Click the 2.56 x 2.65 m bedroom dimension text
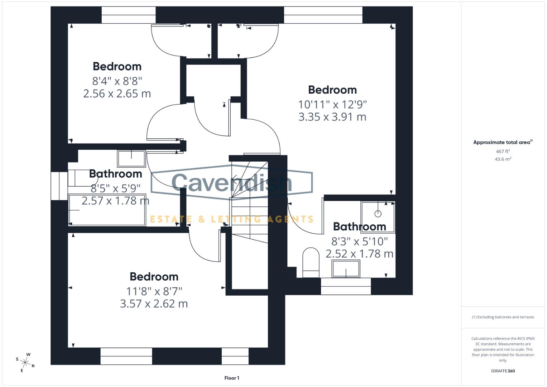click(x=117, y=94)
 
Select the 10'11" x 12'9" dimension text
click(x=332, y=105)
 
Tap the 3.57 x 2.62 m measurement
click(x=154, y=304)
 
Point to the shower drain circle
click(x=378, y=214)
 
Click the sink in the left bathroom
click(x=131, y=159)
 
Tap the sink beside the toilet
click(x=346, y=269)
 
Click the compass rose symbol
click(x=25, y=362)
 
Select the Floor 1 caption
click(x=232, y=378)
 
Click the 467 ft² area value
click(x=503, y=152)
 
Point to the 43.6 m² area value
click(x=503, y=159)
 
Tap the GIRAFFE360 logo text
click(x=503, y=371)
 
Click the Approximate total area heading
click(x=502, y=142)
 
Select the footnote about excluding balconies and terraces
click(x=503, y=317)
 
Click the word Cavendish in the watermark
click(x=232, y=182)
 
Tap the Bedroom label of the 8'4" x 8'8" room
click(x=117, y=67)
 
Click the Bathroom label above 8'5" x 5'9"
click(x=115, y=174)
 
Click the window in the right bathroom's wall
click(x=346, y=286)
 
